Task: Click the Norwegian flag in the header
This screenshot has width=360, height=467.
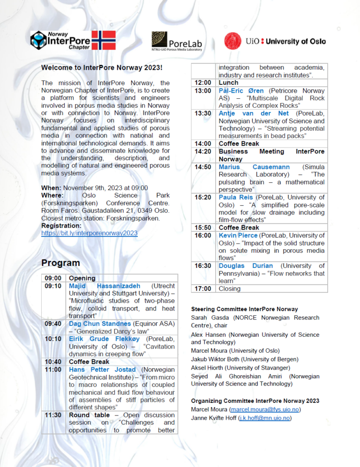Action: tap(103, 40)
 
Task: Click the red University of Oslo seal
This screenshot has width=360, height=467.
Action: tap(233, 41)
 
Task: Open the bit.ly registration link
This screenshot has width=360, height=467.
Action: tap(90, 233)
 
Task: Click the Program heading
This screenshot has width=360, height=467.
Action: tap(60, 263)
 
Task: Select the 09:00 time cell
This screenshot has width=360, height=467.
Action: tap(52, 278)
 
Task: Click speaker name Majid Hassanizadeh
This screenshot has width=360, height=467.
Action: tap(105, 286)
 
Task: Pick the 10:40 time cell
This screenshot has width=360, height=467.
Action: tap(52, 362)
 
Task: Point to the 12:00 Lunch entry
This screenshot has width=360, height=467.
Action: tap(228, 83)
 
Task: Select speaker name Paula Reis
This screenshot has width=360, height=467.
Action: tap(234, 197)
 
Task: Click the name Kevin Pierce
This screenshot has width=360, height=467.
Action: tap(238, 235)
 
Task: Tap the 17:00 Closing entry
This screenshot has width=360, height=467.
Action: tap(230, 289)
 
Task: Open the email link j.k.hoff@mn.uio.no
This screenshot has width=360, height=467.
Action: tap(264, 418)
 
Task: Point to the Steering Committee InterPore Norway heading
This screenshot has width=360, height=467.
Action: tap(244, 309)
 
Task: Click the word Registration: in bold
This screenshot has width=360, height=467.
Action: tap(61, 225)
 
